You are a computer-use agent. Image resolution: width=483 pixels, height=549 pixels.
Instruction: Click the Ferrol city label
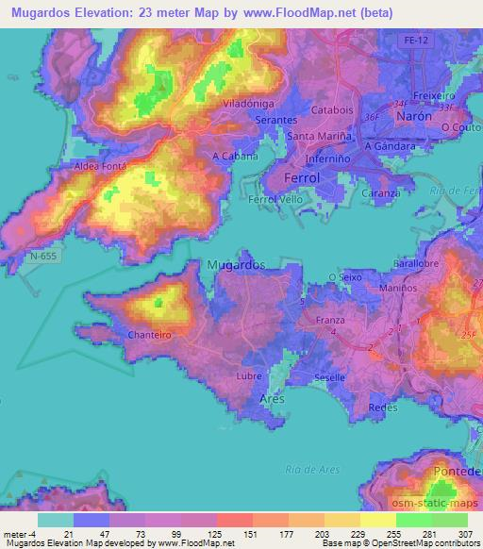[304, 177]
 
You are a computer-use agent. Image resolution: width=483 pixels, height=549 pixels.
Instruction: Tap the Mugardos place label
[236, 265]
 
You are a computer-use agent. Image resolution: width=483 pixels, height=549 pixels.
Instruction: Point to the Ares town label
[272, 400]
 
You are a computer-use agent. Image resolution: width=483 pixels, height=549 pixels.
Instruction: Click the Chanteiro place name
[146, 334]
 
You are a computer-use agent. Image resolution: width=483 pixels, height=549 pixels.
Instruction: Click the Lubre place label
[249, 375]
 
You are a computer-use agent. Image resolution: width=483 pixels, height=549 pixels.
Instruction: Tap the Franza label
[329, 320]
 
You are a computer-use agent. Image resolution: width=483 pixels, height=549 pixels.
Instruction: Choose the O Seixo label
[344, 276]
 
